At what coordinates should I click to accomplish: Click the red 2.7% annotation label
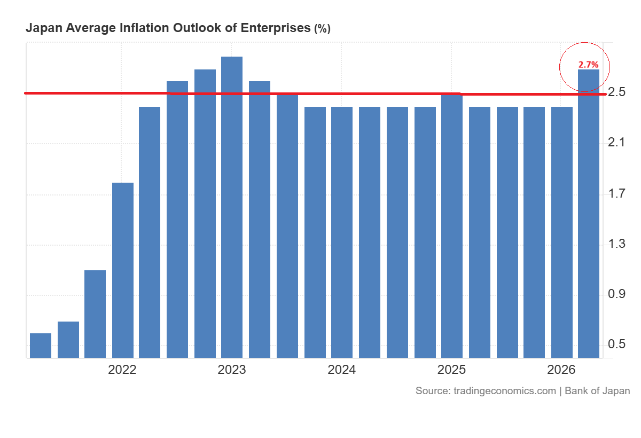click(x=588, y=65)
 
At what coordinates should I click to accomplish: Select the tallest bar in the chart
click(x=232, y=207)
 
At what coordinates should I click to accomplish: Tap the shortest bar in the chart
click(x=41, y=346)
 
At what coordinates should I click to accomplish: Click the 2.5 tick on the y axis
click(x=616, y=92)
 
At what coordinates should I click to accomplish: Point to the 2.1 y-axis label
click(x=616, y=142)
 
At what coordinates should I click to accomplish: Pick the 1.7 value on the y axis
click(x=616, y=194)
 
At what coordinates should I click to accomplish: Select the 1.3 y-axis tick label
click(x=616, y=244)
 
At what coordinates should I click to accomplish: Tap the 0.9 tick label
click(x=616, y=294)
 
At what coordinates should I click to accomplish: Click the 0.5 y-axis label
click(x=616, y=344)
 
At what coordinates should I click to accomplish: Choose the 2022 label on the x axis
click(x=122, y=370)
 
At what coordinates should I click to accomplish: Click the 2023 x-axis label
click(x=231, y=370)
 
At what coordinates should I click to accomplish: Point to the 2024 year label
click(x=342, y=370)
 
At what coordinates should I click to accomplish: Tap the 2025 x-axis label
click(x=451, y=370)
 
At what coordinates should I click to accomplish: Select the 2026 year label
click(x=561, y=370)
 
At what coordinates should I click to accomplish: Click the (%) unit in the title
click(x=322, y=29)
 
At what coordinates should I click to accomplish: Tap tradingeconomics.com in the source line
click(x=505, y=391)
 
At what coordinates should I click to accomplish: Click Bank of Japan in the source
click(x=597, y=391)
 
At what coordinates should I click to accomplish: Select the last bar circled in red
click(x=589, y=214)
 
